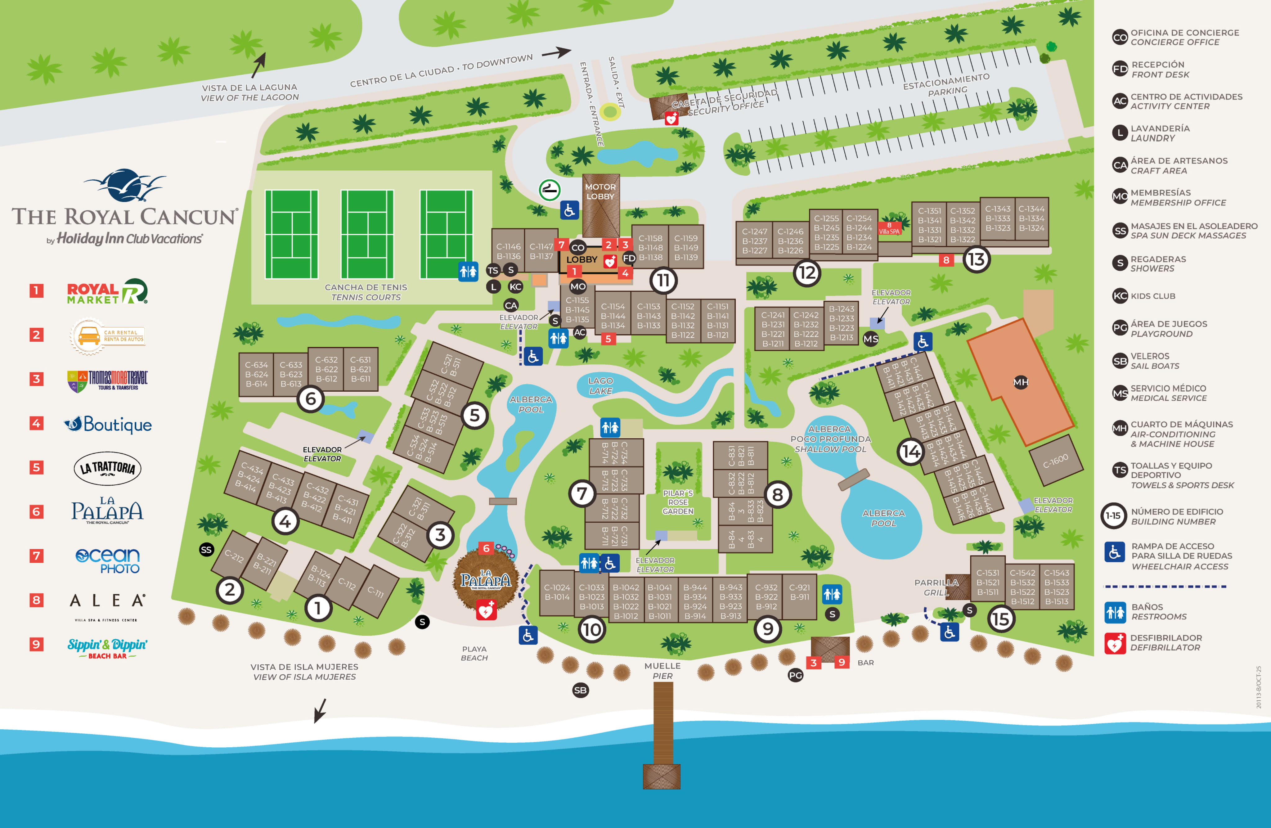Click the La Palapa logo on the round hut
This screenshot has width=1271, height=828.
(485, 580)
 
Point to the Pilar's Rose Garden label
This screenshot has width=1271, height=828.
(678, 502)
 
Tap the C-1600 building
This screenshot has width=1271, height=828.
(1056, 461)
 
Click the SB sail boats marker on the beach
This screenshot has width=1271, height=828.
(580, 690)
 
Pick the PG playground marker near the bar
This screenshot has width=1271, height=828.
(796, 675)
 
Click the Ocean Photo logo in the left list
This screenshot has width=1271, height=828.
(107, 561)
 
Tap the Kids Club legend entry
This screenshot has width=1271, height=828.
(1152, 296)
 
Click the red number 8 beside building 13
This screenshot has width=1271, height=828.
(946, 260)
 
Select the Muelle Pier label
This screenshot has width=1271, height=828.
(662, 670)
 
